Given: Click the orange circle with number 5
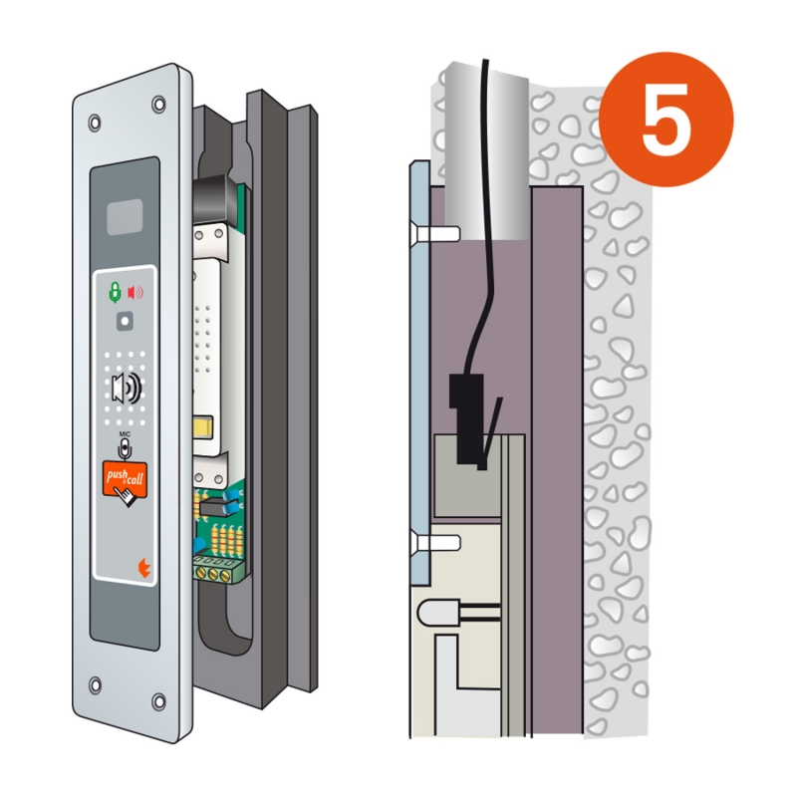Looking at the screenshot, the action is coord(665,120).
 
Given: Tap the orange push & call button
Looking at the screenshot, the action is coord(126,478).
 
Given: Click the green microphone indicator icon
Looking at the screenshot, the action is coord(116,293).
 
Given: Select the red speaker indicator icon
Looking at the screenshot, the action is coord(134,292).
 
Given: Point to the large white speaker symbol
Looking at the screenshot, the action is coord(127,389).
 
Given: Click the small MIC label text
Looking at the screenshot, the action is coord(125,434).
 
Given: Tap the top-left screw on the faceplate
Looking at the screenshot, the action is coord(95,123).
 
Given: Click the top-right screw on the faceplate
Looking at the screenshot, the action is coord(159,105).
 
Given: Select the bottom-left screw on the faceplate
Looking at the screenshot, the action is coord(95,684).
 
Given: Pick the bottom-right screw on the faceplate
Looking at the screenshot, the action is coord(159,702).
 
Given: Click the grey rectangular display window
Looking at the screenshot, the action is coord(125,217).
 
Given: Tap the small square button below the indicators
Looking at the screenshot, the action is coord(126,321).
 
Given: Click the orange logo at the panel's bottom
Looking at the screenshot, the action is coord(144,568).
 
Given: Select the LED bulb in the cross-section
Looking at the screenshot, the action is coord(438,613).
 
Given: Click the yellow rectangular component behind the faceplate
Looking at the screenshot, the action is coord(203,427).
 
